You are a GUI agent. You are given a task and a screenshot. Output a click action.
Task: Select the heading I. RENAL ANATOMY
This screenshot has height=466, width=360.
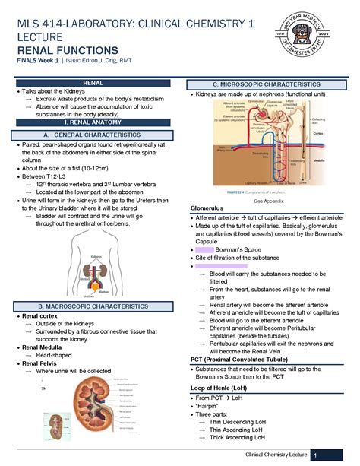(93, 122)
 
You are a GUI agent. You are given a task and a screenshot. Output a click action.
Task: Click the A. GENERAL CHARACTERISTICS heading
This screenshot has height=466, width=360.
(93, 135)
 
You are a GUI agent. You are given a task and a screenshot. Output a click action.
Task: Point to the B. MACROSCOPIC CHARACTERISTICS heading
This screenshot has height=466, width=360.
(93, 305)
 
